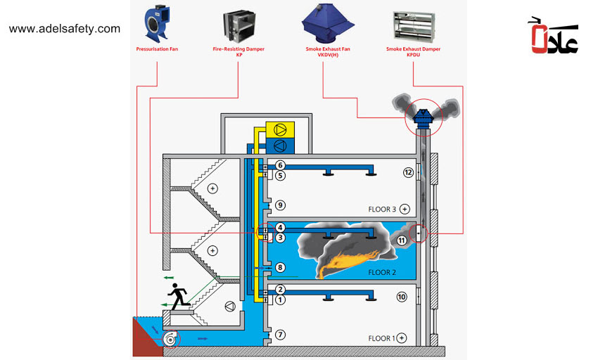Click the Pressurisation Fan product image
pyautogui.click(x=157, y=24)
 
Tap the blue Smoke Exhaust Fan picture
pyautogui.click(x=323, y=22)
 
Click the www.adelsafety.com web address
pyautogui.click(x=65, y=29)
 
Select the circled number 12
pyautogui.click(x=407, y=172)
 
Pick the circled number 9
pyautogui.click(x=280, y=205)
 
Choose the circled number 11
pyautogui.click(x=402, y=240)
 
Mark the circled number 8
pyautogui.click(x=280, y=267)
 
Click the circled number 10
pyautogui.click(x=402, y=297)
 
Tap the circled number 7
pyautogui.click(x=280, y=334)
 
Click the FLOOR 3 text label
pyautogui.click(x=383, y=209)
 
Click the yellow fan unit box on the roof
pyautogui.click(x=280, y=129)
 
